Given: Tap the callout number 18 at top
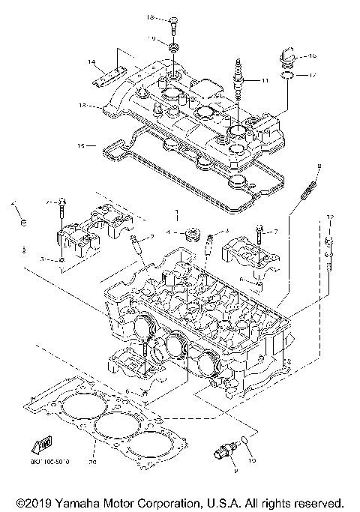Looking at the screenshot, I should click(149, 16).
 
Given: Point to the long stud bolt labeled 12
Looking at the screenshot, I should click(328, 251).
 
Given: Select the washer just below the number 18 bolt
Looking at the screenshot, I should click(172, 48).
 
